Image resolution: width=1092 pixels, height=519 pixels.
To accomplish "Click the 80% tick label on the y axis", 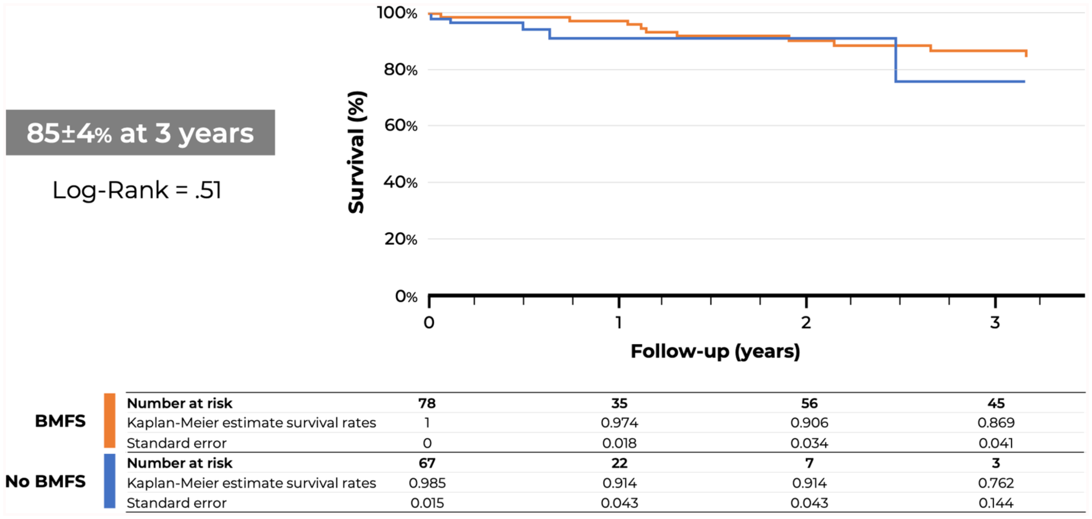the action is (401, 70).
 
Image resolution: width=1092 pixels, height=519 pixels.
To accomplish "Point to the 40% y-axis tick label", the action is (401, 182).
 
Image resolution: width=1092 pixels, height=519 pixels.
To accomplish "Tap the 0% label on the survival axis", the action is (406, 297).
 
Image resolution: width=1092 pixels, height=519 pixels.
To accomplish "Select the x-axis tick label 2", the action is (806, 323).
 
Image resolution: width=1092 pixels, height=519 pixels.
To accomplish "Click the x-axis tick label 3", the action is (995, 323).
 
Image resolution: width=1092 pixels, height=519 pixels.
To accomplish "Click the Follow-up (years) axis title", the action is (715, 351).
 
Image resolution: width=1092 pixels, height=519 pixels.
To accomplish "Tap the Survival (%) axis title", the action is (356, 152).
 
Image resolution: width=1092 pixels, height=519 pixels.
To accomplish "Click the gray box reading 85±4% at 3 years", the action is (140, 132).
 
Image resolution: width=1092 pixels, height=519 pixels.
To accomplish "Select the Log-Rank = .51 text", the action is (137, 190).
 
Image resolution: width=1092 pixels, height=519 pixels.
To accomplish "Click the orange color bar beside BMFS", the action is (110, 421).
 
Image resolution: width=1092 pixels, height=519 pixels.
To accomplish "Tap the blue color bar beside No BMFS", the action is (110, 480).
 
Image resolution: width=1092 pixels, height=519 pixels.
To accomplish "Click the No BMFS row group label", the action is (45, 481).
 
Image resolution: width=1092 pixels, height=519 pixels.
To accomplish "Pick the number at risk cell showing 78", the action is (427, 403).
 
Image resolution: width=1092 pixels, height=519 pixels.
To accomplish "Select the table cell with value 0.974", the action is (619, 423).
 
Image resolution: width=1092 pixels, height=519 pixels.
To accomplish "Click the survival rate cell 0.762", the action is (996, 483).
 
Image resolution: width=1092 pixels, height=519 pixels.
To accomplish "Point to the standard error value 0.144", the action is (996, 503).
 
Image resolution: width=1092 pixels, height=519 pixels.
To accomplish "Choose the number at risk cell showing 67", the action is (427, 463).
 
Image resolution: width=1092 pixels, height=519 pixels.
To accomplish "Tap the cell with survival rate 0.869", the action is (996, 423).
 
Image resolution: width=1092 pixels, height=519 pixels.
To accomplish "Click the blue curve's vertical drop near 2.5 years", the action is (896, 60).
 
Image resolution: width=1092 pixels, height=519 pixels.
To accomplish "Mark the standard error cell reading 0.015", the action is (427, 503).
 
